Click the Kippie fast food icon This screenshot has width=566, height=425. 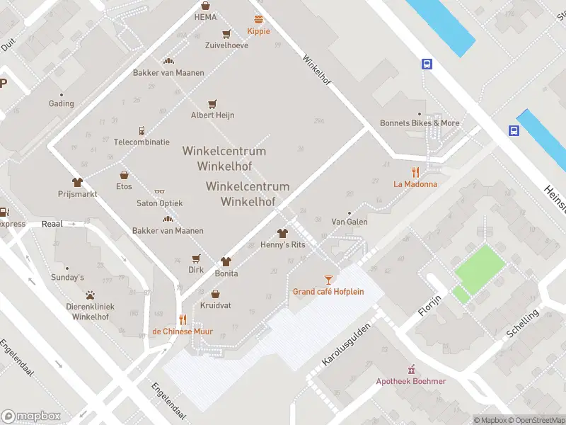[x=258, y=19]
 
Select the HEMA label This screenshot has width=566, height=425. [x=205, y=17]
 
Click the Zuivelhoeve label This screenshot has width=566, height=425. [x=226, y=45]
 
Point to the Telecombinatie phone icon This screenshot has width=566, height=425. [x=141, y=130]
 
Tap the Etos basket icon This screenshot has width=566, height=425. [x=124, y=175]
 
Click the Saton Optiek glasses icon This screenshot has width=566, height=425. [x=159, y=191]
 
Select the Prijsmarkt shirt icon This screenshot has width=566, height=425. [x=77, y=182]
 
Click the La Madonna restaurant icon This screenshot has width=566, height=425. [x=415, y=172]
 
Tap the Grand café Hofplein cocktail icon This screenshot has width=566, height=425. [x=328, y=280]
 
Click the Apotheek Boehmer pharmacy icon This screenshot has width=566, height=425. [x=411, y=369]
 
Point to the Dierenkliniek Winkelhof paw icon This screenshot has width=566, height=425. [x=90, y=295]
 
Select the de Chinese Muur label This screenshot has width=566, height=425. [x=182, y=331]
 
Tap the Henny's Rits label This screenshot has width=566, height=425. [x=282, y=244]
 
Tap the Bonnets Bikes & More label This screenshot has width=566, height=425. [x=420, y=123]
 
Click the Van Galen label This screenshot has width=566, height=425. [x=349, y=222]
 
